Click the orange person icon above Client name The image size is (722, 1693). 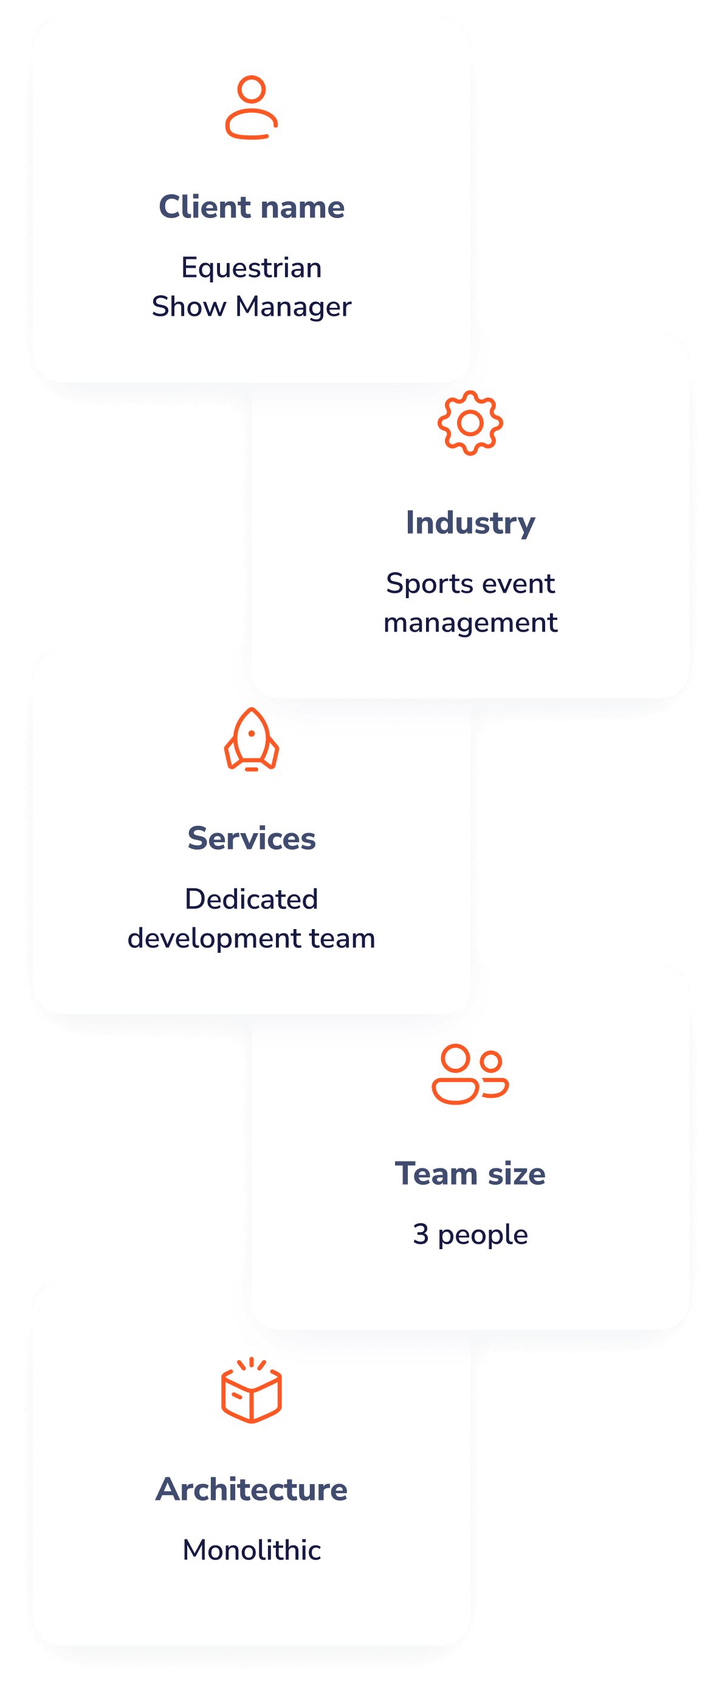252,107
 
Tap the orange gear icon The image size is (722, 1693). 470,423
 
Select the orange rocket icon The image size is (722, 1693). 252,740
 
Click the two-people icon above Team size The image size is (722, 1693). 470,1074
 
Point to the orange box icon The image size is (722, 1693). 252,1391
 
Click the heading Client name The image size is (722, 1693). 252,207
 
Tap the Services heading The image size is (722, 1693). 252,839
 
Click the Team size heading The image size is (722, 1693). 470,1174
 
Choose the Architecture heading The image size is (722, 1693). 252,1489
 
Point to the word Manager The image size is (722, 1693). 294,307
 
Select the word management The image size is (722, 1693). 470,623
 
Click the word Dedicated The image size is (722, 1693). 252,899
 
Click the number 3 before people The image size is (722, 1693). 421,1235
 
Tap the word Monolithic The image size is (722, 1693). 252,1550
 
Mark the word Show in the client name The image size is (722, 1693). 189,307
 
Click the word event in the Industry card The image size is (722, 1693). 523,584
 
